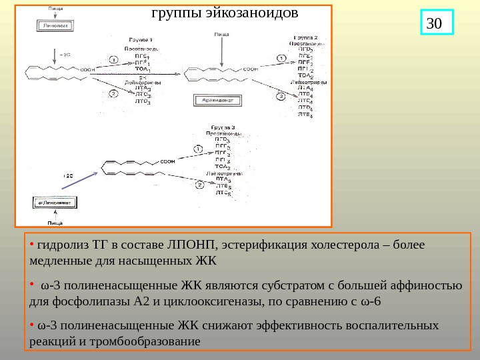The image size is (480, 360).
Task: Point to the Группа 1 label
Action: [x=140, y=39]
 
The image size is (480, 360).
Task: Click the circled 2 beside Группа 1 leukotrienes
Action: [x=114, y=94]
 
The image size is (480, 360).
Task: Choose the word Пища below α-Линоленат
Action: [x=56, y=222]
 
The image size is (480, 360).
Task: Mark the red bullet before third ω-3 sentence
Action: [x=32, y=325]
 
